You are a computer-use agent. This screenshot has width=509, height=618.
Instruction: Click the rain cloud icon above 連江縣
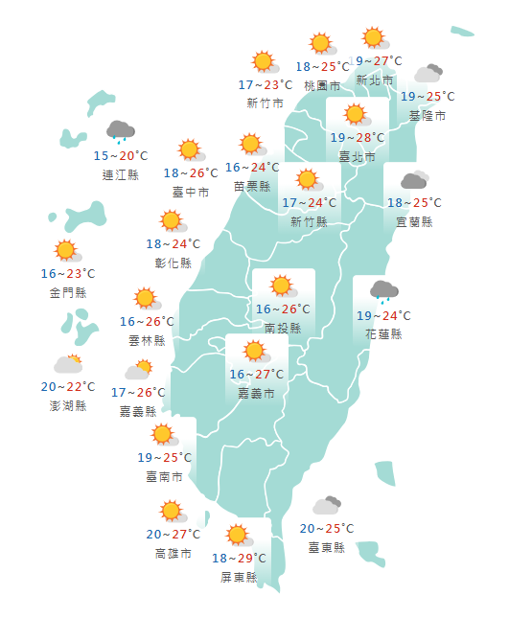[120, 130]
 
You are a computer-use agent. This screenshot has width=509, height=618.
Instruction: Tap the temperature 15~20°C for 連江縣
[121, 155]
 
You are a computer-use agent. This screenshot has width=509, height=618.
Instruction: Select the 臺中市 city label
[190, 192]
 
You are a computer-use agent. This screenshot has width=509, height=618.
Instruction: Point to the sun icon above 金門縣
[66, 251]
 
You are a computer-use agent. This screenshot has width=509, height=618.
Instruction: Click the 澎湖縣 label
[68, 405]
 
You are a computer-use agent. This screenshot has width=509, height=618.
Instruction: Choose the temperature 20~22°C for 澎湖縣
[68, 387]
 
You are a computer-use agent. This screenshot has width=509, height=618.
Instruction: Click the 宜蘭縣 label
[414, 221]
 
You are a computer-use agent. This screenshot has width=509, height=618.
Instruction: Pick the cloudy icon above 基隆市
[428, 73]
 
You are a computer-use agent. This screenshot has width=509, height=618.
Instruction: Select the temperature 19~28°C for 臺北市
[358, 138]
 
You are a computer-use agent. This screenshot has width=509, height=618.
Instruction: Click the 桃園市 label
[322, 85]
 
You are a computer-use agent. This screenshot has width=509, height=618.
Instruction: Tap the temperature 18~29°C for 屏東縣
[239, 559]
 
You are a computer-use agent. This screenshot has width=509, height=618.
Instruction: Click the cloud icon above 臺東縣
[327, 505]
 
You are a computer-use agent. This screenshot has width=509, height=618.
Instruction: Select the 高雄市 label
[173, 553]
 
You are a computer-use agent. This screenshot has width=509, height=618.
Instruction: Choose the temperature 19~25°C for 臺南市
[164, 457]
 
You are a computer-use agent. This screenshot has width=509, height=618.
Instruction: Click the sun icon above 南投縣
[282, 286]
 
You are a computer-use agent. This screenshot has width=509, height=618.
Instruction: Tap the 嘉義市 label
[256, 393]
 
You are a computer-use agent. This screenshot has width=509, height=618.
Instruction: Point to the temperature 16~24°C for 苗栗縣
[252, 168]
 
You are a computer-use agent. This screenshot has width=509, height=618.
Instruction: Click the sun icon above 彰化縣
[173, 221]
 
